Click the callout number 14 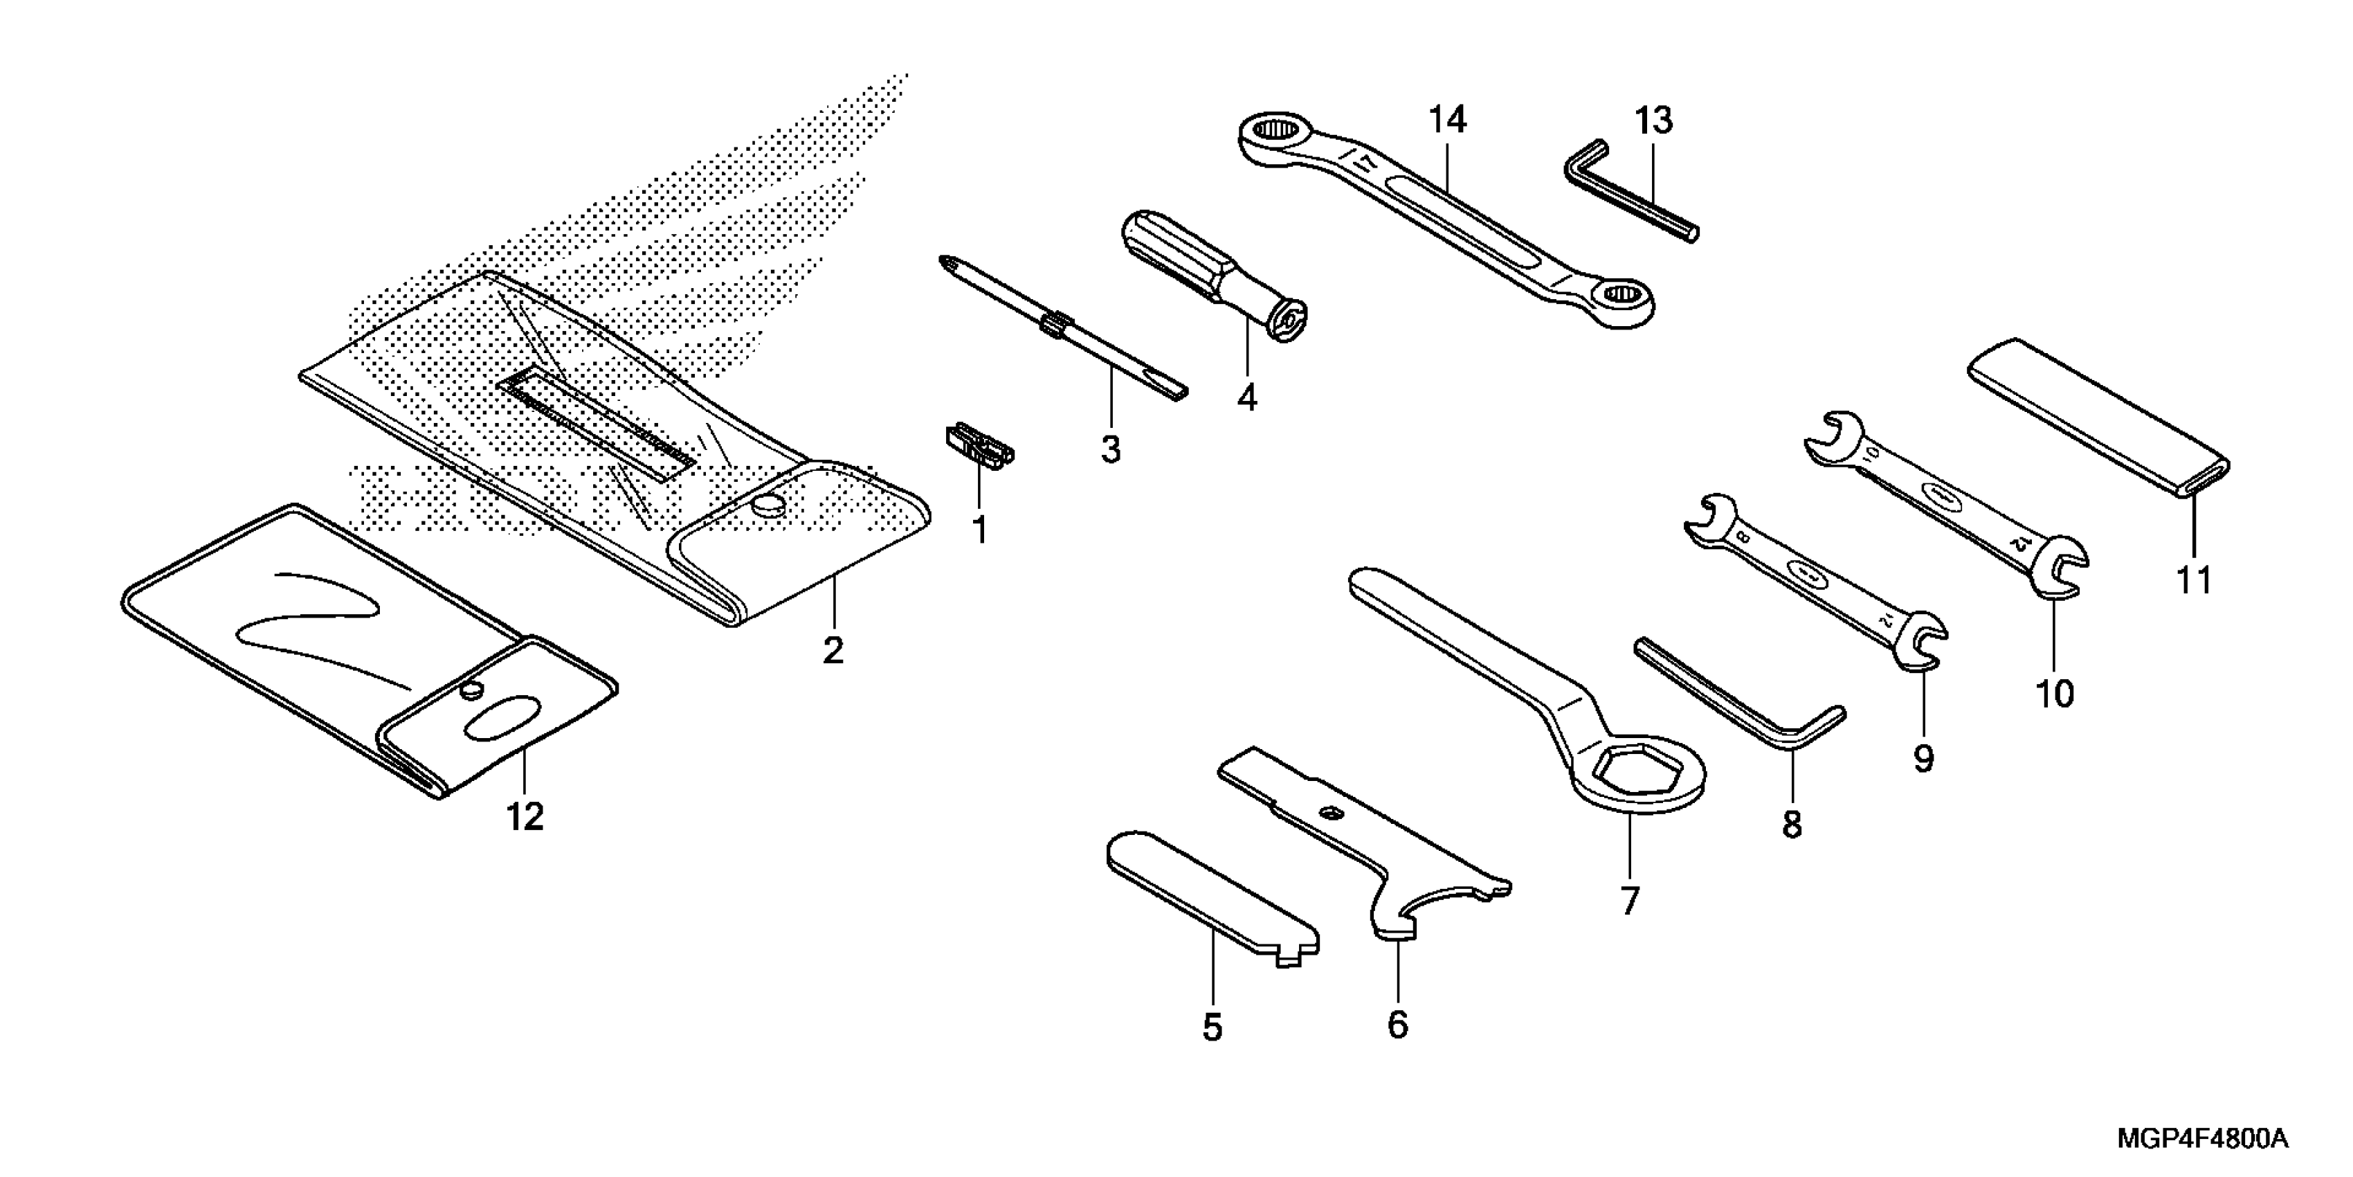[1448, 120]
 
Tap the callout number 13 [1653, 120]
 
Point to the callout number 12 [525, 816]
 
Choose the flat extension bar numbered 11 [2097, 417]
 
